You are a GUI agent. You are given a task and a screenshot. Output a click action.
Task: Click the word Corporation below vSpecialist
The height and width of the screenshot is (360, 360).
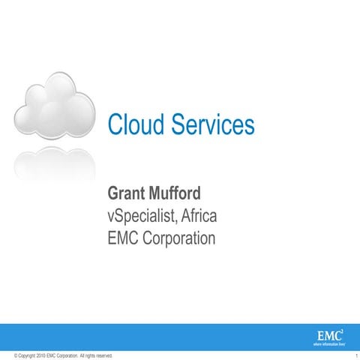tap(179, 240)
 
